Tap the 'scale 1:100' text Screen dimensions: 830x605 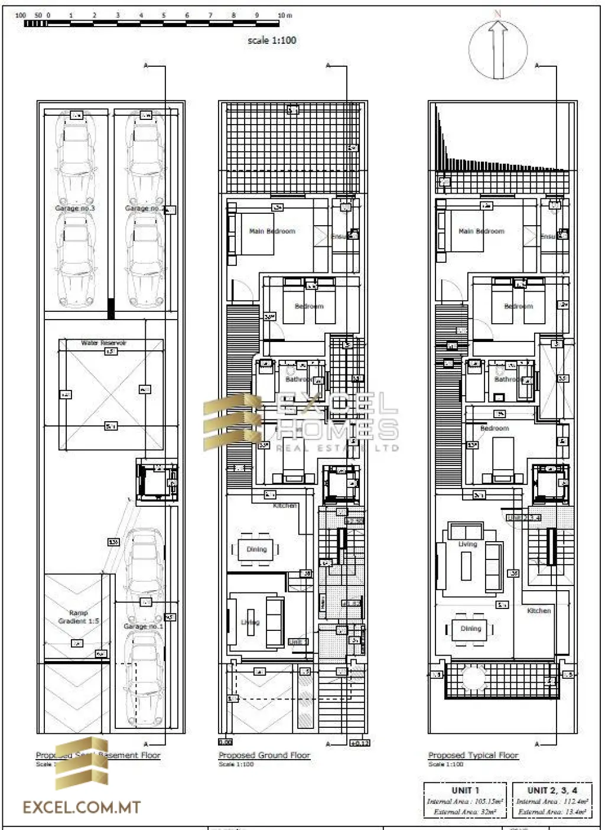[272, 40]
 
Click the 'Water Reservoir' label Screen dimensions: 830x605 [104, 343]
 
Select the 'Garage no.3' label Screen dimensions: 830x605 [75, 209]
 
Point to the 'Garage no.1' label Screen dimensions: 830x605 [143, 626]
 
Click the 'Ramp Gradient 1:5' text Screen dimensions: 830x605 [79, 617]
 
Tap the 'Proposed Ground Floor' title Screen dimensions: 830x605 [264, 755]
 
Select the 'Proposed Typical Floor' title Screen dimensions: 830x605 [473, 755]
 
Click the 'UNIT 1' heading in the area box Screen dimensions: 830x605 [465, 790]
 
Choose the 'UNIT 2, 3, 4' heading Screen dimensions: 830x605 [552, 790]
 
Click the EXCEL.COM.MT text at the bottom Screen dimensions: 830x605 [82, 808]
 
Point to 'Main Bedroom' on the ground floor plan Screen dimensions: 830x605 [272, 231]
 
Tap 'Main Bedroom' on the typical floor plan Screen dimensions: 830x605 [482, 231]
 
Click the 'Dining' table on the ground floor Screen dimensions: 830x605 [256, 549]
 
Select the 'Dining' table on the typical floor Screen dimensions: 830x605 [471, 629]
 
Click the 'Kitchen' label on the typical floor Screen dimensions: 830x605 [539, 610]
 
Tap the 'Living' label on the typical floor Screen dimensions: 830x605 [467, 544]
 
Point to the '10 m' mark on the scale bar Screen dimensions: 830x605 [284, 15]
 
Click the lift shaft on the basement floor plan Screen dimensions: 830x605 [157, 482]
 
